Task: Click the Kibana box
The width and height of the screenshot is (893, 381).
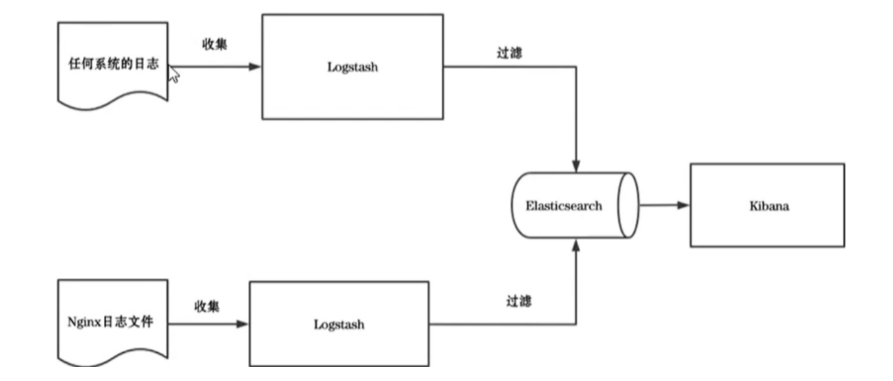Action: pyautogui.click(x=767, y=205)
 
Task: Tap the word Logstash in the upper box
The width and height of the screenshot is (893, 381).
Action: pyautogui.click(x=352, y=67)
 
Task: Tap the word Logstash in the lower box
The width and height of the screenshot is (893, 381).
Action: pyautogui.click(x=339, y=325)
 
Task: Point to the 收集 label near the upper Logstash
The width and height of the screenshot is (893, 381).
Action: pyautogui.click(x=216, y=45)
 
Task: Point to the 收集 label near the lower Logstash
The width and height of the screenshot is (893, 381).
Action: pyautogui.click(x=207, y=306)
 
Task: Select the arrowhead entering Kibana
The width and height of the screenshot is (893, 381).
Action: pyautogui.click(x=683, y=205)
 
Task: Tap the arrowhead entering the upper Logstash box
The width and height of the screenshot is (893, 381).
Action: pyautogui.click(x=255, y=67)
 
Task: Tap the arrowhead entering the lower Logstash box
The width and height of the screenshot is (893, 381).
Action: pyautogui.click(x=243, y=325)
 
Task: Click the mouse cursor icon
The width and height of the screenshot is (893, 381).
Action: pyautogui.click(x=174, y=74)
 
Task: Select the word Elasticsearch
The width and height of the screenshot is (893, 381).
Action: pyautogui.click(x=563, y=206)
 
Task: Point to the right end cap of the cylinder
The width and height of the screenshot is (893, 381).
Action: pyautogui.click(x=628, y=205)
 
